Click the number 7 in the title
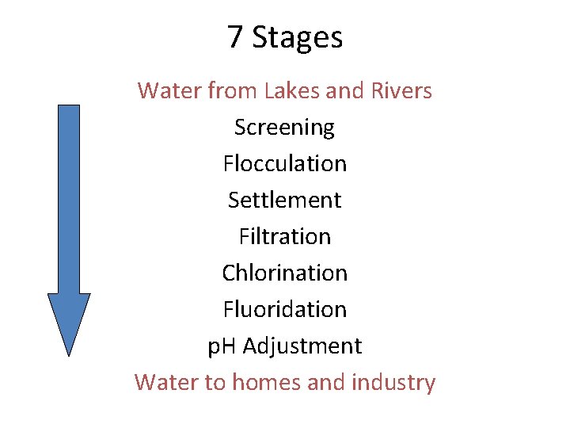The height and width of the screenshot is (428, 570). [234, 37]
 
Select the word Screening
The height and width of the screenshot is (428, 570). [284, 128]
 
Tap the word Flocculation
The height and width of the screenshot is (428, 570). [284, 163]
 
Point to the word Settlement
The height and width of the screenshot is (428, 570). [284, 200]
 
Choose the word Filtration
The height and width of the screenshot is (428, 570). [284, 236]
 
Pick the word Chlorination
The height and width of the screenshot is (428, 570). [284, 273]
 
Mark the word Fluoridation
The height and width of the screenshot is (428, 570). [284, 309]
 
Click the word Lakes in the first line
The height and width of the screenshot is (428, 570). [291, 91]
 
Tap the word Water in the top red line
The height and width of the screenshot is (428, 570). [169, 91]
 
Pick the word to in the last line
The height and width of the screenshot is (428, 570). [215, 383]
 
